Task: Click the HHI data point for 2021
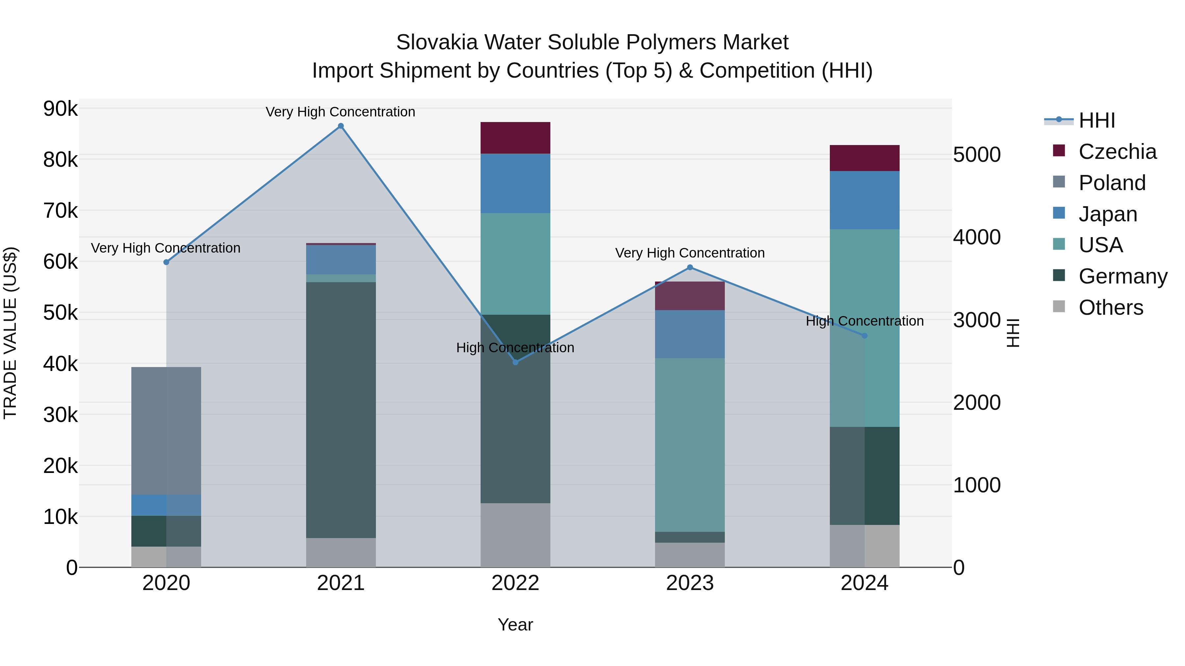click(341, 126)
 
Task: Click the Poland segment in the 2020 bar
click(166, 431)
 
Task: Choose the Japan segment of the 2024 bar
click(864, 200)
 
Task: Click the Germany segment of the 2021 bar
click(341, 410)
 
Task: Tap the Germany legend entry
click(1122, 276)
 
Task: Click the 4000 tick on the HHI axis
click(977, 237)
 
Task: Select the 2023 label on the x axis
click(690, 583)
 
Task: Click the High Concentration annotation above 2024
click(864, 321)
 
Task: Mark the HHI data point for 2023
click(690, 267)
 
